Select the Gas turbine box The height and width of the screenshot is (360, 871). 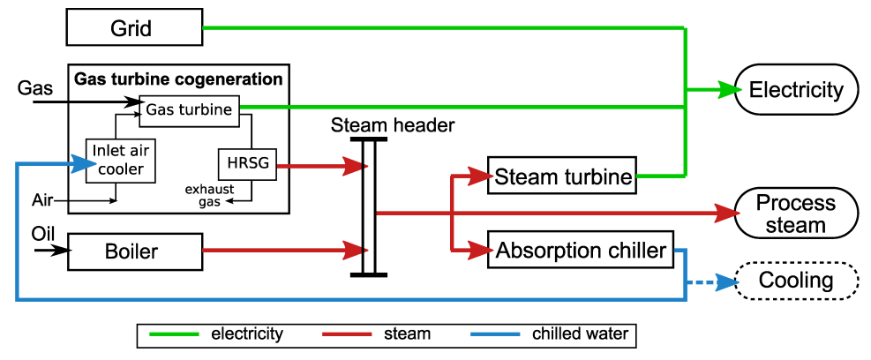coord(189,109)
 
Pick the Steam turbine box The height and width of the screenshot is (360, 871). coord(563,176)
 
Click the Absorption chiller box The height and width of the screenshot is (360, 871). coord(581,251)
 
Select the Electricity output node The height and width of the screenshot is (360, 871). coord(796,90)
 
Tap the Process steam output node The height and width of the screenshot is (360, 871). coord(796,213)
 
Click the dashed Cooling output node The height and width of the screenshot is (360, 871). coord(798,281)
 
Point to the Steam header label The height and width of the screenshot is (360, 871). coord(393,125)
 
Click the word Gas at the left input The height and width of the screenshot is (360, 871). coord(35,88)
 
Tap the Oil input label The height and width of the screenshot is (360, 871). coord(43,234)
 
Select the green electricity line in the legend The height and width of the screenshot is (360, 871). coord(175,334)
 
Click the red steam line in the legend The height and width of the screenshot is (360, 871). coord(349,334)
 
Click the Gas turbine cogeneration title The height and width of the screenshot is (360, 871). coord(178,79)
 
